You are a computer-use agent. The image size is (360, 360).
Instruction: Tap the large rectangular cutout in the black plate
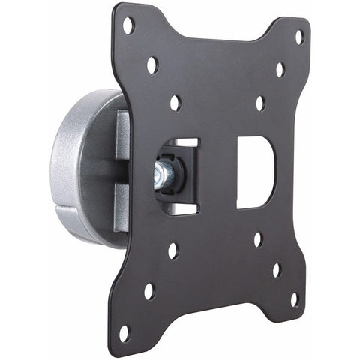(x=256, y=172)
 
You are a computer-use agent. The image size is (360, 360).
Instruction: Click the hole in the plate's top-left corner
(x=128, y=25)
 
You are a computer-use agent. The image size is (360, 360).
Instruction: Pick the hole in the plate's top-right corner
(x=299, y=36)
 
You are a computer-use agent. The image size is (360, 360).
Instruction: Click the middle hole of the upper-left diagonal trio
(x=152, y=65)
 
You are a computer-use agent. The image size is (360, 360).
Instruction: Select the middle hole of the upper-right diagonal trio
(x=280, y=69)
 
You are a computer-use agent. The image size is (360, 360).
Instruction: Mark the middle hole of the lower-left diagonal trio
(x=149, y=290)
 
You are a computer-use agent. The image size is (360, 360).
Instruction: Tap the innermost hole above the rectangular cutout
(x=260, y=103)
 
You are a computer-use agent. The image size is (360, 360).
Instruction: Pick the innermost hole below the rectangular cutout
(x=257, y=239)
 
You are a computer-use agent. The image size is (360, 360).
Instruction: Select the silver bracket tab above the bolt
(x=122, y=135)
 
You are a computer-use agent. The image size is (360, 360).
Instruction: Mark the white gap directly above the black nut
(x=188, y=142)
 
